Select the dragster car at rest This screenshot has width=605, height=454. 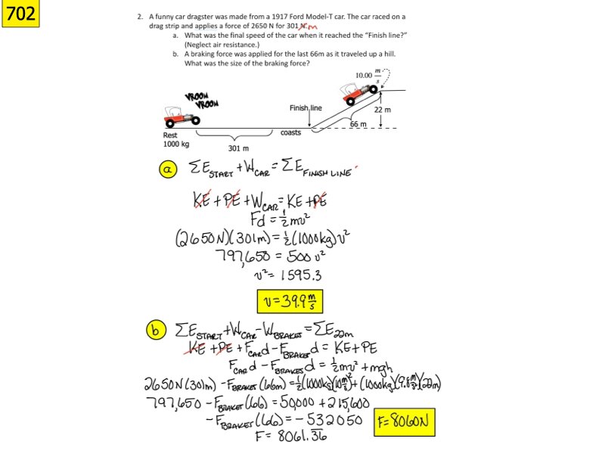181,116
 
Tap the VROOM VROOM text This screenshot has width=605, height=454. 201,100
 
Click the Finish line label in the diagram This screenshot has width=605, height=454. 306,108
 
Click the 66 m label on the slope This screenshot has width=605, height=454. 358,123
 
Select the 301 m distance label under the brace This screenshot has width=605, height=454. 239,148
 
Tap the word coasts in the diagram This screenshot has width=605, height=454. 290,132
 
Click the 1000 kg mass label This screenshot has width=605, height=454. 175,144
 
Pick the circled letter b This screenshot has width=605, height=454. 154,331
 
